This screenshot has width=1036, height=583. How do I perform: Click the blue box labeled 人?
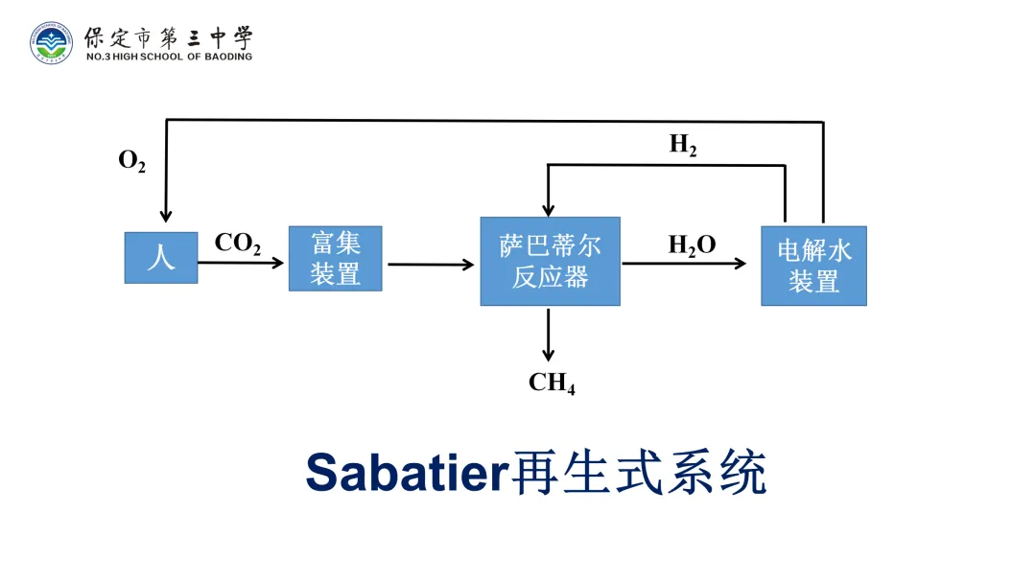tap(161, 258)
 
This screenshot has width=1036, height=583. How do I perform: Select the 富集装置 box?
tap(336, 259)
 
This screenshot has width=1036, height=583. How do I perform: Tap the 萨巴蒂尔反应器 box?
tap(550, 262)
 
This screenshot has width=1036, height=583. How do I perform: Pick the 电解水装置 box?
tap(813, 266)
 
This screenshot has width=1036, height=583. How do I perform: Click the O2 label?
tap(131, 161)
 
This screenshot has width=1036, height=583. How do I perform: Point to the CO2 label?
tap(238, 244)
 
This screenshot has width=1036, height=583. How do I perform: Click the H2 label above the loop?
tap(683, 146)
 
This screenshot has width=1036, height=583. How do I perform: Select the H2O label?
tap(692, 245)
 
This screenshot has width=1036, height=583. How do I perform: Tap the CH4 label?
tap(552, 384)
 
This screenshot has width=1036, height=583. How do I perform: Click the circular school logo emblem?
tap(50, 42)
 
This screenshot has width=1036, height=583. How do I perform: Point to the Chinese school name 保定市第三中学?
tap(169, 37)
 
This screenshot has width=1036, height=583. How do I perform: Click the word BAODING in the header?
tap(226, 57)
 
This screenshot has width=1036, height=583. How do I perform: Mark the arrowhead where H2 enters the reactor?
tap(548, 209)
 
